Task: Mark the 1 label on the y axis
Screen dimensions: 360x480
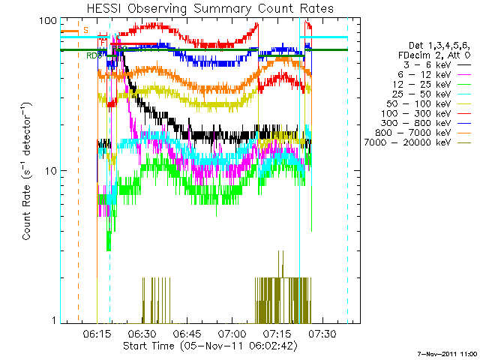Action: [54, 321]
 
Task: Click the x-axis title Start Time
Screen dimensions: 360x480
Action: [202, 346]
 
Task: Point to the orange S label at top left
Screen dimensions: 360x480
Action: [85, 31]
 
